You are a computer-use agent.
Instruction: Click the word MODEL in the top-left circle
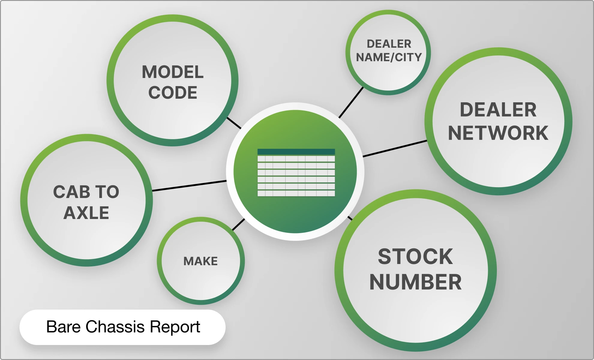tap(172, 72)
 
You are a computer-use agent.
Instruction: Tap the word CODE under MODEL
tap(172, 92)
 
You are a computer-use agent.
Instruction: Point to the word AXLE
tap(86, 213)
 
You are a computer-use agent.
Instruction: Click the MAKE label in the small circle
tap(200, 261)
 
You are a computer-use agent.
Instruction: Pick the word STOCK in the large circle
tap(415, 256)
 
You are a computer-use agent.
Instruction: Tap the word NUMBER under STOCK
tap(415, 282)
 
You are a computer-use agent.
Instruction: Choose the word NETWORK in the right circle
tap(498, 133)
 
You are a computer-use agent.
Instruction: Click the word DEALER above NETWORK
tap(498, 110)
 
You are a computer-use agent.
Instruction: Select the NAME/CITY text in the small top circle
tap(389, 57)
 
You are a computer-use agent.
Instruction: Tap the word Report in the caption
tap(175, 327)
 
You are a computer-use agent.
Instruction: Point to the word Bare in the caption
tap(63, 327)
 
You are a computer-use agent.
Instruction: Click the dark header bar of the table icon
tap(296, 152)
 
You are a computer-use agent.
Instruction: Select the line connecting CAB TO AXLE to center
tap(189, 186)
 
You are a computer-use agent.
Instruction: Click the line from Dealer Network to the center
tap(394, 148)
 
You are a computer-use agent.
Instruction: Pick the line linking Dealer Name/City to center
tap(351, 103)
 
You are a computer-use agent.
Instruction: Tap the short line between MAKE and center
tap(238, 224)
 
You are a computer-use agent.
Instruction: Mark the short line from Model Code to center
tap(234, 123)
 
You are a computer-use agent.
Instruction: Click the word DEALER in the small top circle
tap(389, 44)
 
